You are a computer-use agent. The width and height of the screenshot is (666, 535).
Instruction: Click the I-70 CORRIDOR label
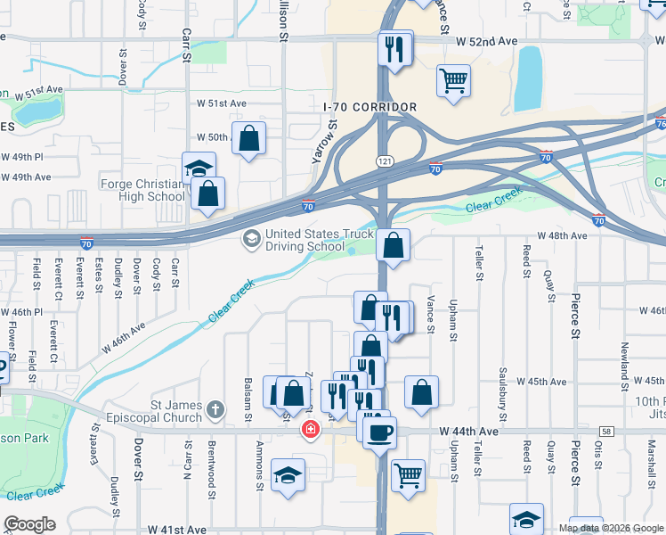point(370,107)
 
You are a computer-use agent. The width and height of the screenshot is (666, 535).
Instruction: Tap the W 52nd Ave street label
point(485,42)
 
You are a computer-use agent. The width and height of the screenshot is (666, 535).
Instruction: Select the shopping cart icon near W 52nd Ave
point(453,80)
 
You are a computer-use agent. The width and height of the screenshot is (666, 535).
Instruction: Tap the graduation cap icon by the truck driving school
point(251,239)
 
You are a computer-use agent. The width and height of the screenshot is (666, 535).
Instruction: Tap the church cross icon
point(215,410)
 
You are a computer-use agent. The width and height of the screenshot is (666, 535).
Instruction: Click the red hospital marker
point(310,431)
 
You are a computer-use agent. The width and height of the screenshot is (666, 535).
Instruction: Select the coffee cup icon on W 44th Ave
point(380,432)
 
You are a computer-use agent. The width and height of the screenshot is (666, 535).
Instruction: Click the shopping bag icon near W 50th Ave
point(249,138)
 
